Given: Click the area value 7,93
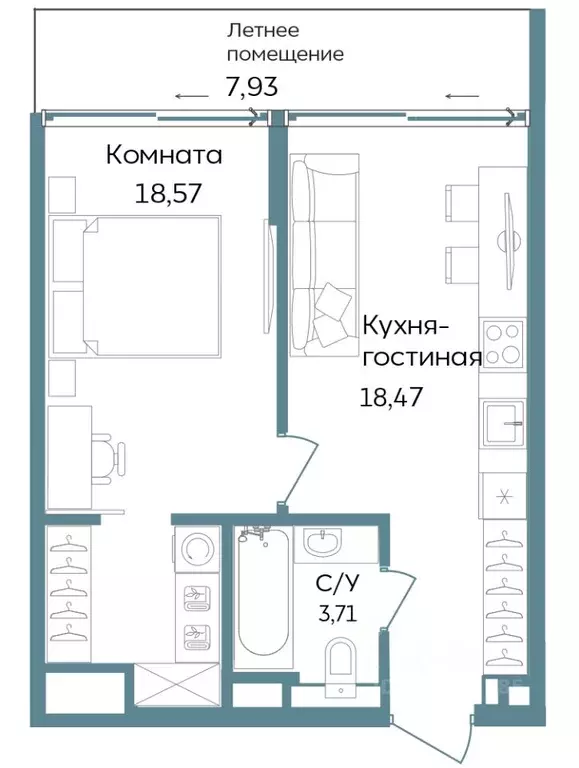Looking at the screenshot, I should [251, 87].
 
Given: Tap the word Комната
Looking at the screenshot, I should [164, 156].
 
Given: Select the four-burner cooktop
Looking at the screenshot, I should [502, 342].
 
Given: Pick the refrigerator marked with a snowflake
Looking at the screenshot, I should [502, 493].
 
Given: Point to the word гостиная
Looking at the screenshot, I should [422, 358].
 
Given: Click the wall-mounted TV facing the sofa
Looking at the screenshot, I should [268, 274].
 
